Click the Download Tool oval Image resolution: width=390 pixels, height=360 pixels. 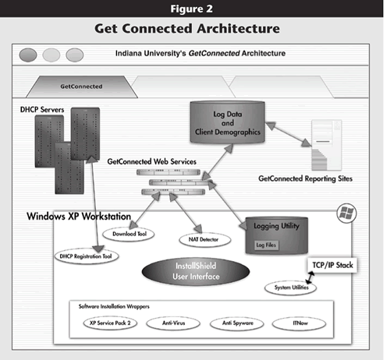(129, 234)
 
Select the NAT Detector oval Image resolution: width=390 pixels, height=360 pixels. (205, 239)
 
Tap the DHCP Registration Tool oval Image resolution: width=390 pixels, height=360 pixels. (87, 256)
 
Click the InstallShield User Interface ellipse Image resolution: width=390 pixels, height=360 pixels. (196, 271)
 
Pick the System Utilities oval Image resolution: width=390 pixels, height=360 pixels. (290, 288)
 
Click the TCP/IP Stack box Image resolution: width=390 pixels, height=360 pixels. (332, 265)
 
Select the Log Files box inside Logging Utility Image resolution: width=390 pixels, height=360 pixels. (266, 245)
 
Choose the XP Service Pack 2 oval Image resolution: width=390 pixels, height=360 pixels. (110, 323)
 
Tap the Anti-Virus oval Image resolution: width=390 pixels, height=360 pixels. (173, 323)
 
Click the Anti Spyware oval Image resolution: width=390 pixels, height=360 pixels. (237, 323)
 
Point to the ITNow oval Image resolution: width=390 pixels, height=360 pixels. (299, 323)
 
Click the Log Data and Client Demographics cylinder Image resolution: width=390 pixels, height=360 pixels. (228, 122)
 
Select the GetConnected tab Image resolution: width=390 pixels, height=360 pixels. (82, 86)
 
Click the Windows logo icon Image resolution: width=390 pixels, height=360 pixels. (347, 214)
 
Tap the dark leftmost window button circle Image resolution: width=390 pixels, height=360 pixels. (28, 55)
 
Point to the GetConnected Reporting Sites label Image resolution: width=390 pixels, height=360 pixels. (306, 178)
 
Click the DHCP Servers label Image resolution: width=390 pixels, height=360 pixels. (42, 110)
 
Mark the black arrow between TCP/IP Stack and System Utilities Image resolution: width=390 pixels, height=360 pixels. (310, 277)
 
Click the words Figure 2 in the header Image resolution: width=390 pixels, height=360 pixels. (192, 9)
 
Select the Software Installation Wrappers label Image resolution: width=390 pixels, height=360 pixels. (114, 306)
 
